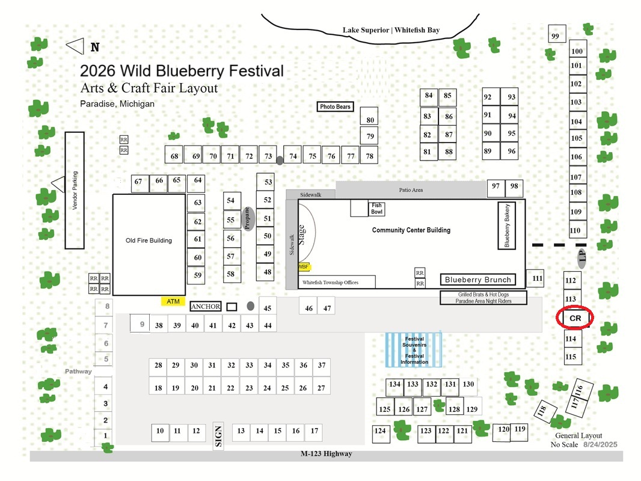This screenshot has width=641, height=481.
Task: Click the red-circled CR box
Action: [x=575, y=318]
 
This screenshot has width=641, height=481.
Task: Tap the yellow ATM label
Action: [x=173, y=301]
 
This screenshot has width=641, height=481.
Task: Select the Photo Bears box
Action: [x=335, y=106]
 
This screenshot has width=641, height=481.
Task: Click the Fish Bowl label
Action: [x=377, y=209]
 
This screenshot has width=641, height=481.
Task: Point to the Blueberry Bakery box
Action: [x=506, y=225]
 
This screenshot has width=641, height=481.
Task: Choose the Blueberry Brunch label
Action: [x=478, y=280]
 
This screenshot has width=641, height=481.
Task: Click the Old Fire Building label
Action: [x=149, y=240]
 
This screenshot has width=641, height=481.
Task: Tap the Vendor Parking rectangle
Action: [x=75, y=191]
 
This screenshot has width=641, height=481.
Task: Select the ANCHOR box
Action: [x=206, y=307]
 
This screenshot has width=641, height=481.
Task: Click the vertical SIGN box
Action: [x=218, y=436]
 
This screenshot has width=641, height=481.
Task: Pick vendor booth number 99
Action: [x=557, y=34]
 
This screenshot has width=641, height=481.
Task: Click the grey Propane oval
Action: [x=248, y=219]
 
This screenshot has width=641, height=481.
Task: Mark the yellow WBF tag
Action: [x=304, y=267]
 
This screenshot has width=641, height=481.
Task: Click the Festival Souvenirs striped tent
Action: [x=414, y=350]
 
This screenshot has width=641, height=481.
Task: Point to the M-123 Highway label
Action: [x=327, y=453]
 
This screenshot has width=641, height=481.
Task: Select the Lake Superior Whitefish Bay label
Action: [x=391, y=30]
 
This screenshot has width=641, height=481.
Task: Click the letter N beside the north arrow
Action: [x=95, y=47]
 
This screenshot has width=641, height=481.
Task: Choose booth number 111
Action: [x=535, y=278]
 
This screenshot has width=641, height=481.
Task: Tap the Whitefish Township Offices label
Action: [x=330, y=283]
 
